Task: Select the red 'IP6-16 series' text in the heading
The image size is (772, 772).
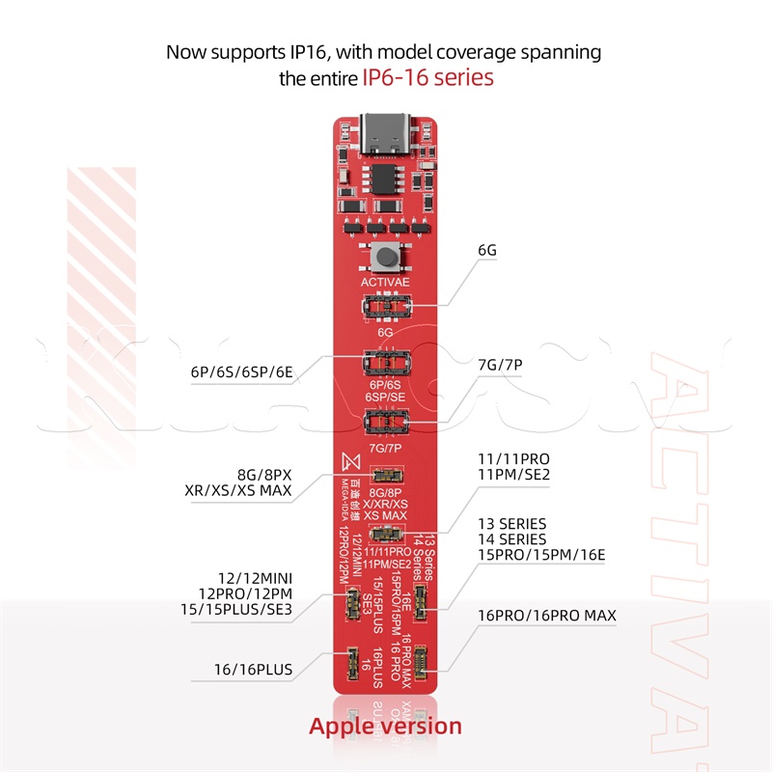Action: (428, 77)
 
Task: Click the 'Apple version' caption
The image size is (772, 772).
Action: (385, 726)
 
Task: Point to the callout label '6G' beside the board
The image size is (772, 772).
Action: (487, 251)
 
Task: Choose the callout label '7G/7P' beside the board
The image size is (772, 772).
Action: (501, 365)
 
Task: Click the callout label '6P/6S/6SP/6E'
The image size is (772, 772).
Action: (241, 371)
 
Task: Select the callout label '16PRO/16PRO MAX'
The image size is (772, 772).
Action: (546, 615)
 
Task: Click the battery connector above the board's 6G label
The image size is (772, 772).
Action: (386, 308)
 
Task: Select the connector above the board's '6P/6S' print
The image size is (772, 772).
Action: (386, 366)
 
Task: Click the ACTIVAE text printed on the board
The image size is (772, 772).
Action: (386, 283)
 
